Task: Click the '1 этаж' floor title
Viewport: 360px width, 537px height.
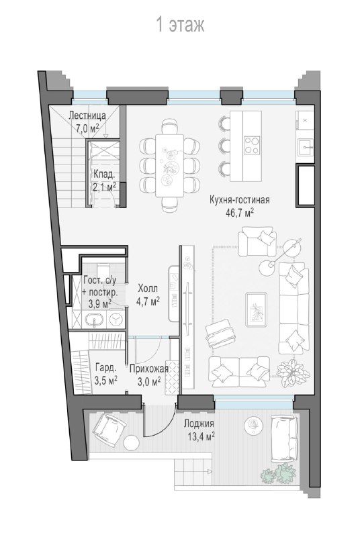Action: (180, 25)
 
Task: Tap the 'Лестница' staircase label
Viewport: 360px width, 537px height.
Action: (87, 115)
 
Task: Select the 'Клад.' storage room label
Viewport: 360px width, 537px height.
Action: (104, 175)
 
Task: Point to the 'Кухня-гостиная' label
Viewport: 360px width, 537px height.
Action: (239, 199)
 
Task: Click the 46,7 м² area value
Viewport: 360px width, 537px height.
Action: (239, 213)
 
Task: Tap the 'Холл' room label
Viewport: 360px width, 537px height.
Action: (148, 288)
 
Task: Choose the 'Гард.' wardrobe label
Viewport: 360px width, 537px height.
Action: (106, 368)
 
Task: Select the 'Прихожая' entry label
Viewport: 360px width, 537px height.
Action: (148, 369)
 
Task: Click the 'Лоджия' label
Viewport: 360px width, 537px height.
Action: (199, 424)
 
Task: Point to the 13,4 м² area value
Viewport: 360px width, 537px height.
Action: (201, 436)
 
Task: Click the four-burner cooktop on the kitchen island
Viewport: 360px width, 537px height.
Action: (252, 145)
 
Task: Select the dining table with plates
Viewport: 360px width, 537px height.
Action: (169, 165)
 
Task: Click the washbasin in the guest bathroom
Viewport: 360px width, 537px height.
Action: (93, 320)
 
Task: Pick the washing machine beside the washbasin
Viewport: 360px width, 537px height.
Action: (116, 320)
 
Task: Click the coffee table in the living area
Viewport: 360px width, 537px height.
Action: (256, 309)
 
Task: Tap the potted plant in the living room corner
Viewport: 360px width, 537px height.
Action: (294, 373)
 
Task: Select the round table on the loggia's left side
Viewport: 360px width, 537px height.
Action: (132, 443)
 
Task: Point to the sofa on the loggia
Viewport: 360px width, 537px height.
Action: (283, 438)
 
